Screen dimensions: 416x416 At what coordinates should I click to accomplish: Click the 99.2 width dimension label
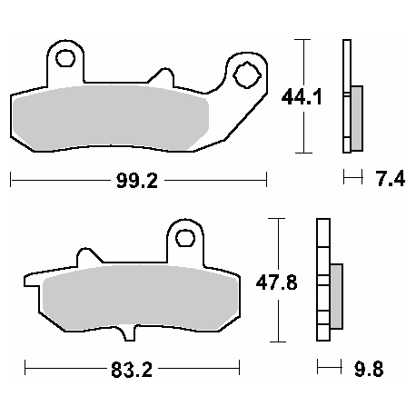[x=138, y=180]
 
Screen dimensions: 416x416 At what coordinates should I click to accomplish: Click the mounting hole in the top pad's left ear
[x=64, y=60]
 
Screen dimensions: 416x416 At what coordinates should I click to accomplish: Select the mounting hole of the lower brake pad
[x=185, y=239]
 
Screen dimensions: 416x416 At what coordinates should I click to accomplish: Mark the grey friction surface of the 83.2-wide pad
[x=136, y=301]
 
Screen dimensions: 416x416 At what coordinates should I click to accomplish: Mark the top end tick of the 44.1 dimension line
[x=303, y=40]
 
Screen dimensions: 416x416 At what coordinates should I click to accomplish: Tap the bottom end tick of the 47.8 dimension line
[x=276, y=342]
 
